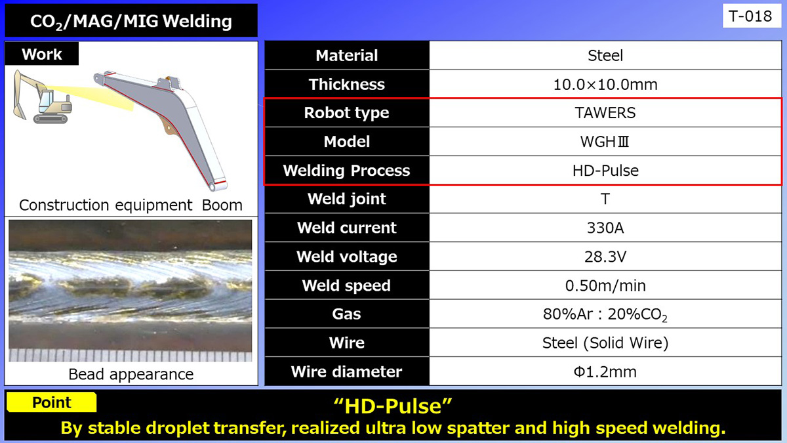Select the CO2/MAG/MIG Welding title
click(x=131, y=22)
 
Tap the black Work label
click(x=42, y=54)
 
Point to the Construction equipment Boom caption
click(x=131, y=205)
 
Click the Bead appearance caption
click(x=131, y=374)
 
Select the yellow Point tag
click(x=52, y=402)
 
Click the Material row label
click(x=346, y=56)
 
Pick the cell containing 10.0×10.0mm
click(x=605, y=84)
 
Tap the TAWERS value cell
click(x=605, y=113)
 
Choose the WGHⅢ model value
click(x=605, y=142)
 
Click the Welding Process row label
click(x=346, y=171)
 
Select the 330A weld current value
click(x=605, y=228)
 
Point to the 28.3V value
click(x=605, y=257)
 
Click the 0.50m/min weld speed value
click(x=605, y=285)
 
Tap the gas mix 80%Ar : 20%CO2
click(x=605, y=314)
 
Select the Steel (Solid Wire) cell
click(x=605, y=343)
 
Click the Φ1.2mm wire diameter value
click(x=605, y=371)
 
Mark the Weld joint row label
click(x=346, y=199)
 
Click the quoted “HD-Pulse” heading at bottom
click(x=393, y=406)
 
